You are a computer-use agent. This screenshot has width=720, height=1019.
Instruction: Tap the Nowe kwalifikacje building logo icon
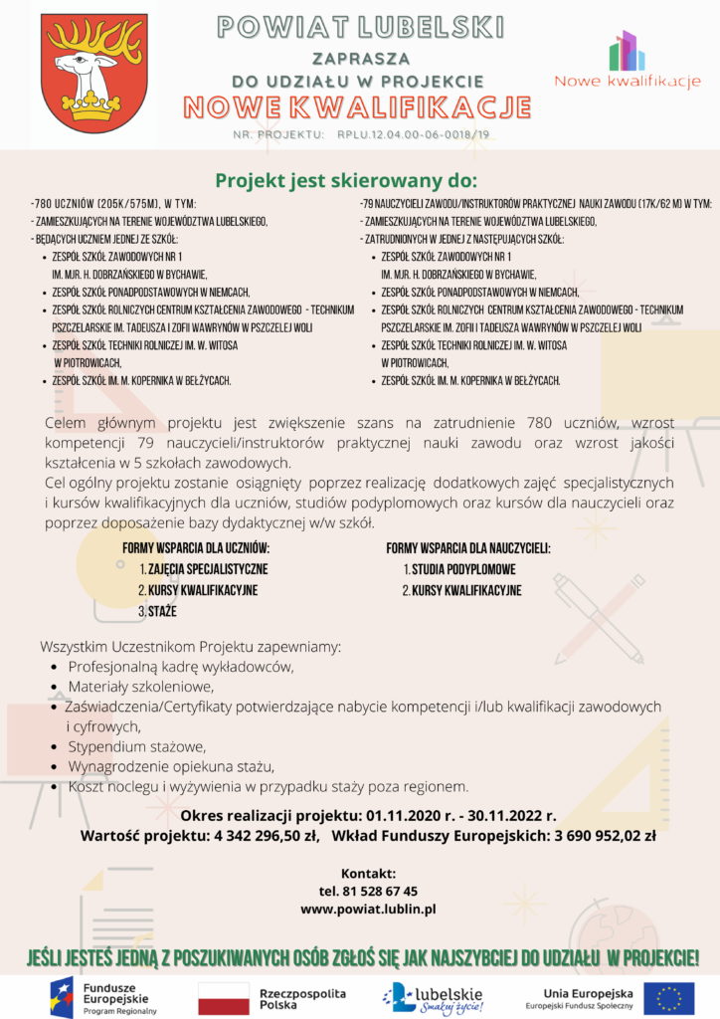click(x=628, y=51)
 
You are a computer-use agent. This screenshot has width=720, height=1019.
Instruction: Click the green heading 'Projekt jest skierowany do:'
click(x=346, y=180)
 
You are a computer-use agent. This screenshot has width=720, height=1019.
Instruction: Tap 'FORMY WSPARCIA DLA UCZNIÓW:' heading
click(x=196, y=548)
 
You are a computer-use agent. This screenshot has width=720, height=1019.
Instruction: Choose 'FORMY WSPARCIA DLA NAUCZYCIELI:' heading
click(x=468, y=548)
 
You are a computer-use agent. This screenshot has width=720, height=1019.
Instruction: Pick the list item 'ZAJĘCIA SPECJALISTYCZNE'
click(x=208, y=569)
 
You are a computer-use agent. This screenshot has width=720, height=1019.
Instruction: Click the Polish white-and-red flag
click(x=224, y=996)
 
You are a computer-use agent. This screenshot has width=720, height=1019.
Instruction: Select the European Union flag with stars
click(x=668, y=996)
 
